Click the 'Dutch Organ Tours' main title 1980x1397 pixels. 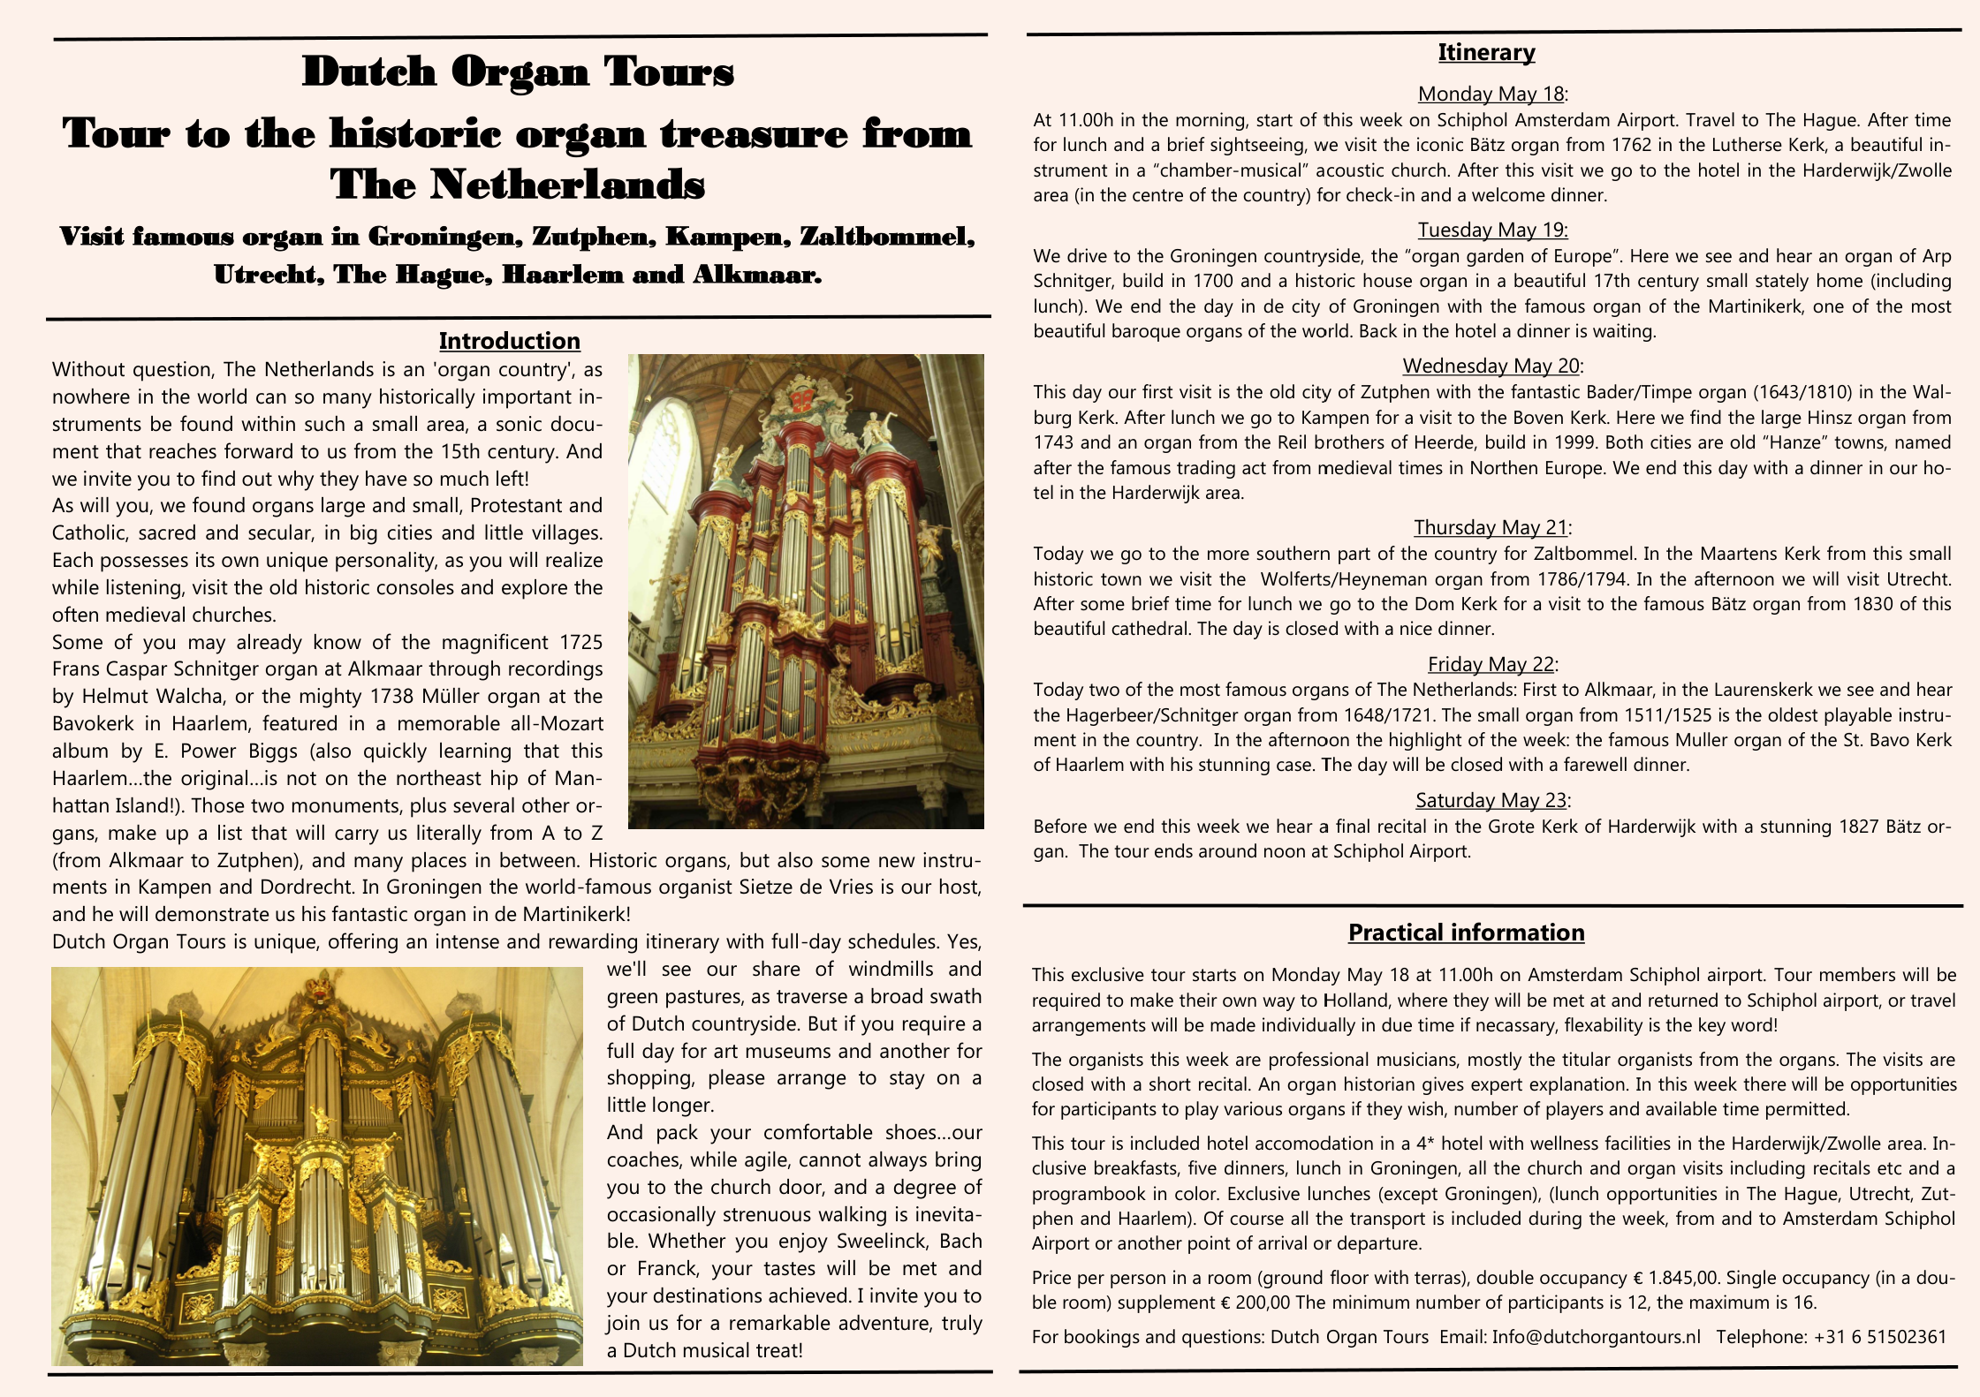518,72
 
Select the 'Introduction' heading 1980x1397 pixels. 509,341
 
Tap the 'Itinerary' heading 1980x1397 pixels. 1486,52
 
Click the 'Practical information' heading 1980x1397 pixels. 1466,933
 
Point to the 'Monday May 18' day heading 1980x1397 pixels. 1491,94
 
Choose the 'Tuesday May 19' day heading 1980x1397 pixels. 1492,230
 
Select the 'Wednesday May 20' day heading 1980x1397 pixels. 1491,366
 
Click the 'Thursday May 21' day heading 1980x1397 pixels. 1491,527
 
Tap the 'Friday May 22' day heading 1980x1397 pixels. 1491,664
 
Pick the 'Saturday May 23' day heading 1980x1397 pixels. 1491,800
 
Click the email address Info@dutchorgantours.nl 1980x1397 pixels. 1596,1337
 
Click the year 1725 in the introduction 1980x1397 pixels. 581,642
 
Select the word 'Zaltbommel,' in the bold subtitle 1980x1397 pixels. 887,237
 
